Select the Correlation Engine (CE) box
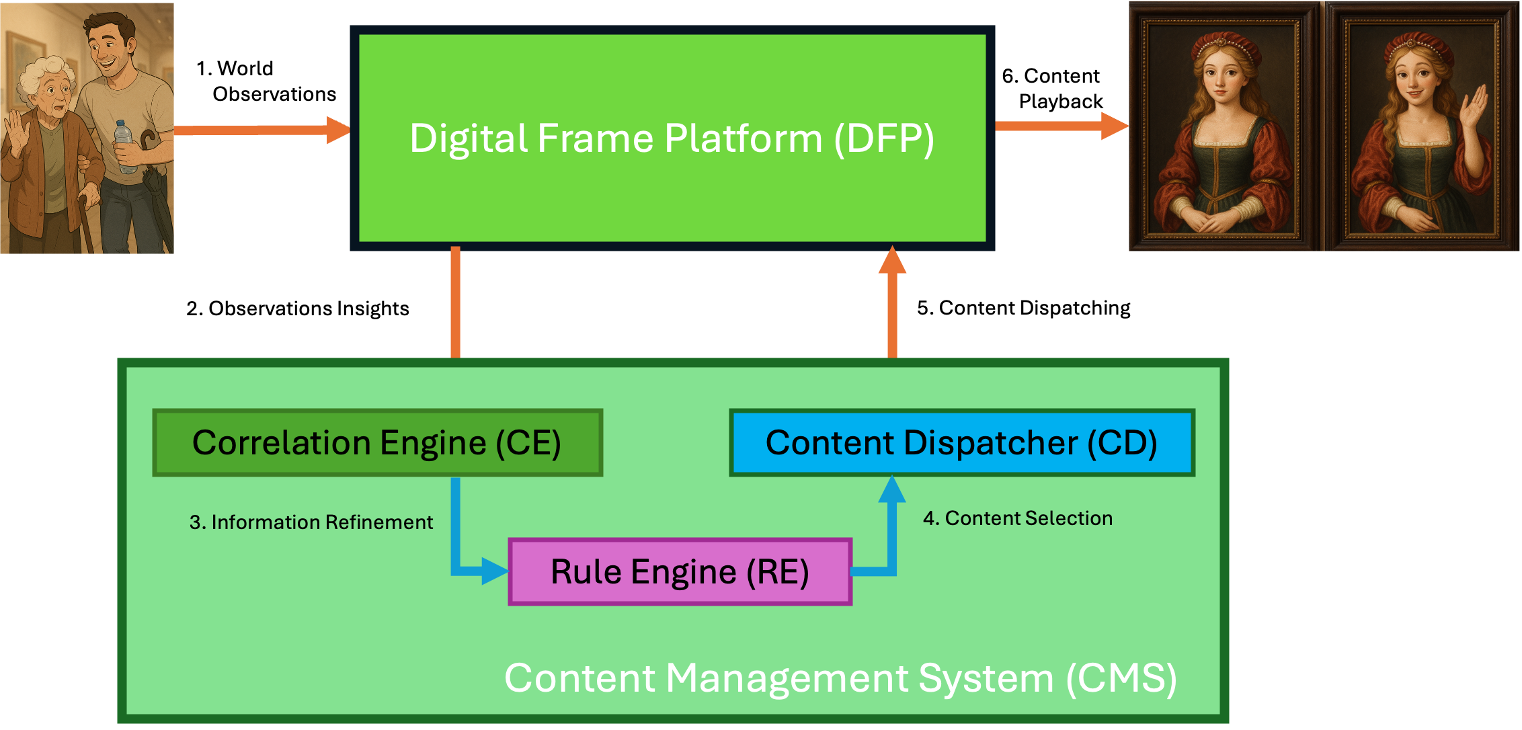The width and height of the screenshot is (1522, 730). (377, 443)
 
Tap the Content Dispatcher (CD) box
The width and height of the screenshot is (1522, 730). (961, 443)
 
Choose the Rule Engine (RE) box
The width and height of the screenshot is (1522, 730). (680, 572)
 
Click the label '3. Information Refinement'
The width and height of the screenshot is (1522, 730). (311, 522)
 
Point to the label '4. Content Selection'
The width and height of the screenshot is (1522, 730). (1018, 518)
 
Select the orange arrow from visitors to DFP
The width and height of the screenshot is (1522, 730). (262, 130)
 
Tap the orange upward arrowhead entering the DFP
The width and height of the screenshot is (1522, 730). (892, 261)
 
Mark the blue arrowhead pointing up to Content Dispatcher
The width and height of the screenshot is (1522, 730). (892, 489)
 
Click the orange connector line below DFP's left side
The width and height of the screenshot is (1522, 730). (455, 302)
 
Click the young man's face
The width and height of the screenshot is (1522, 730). (107, 50)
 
